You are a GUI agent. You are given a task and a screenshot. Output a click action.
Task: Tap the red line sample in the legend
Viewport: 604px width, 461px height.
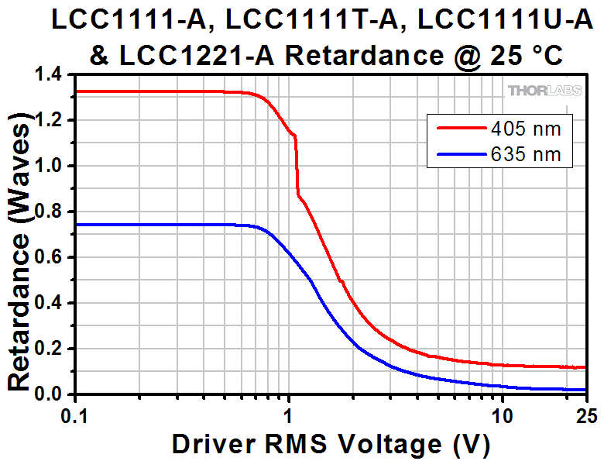click(459, 128)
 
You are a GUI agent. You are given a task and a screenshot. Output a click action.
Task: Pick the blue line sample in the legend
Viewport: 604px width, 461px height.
click(459, 154)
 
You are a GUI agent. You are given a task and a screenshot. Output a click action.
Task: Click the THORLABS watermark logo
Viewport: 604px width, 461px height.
click(545, 91)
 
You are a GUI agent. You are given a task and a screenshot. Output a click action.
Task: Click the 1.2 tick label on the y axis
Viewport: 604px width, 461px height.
click(50, 121)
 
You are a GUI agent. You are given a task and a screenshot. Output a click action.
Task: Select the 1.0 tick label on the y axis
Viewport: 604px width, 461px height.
click(50, 167)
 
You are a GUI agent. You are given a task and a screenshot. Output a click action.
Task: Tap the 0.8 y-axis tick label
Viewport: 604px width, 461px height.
click(50, 212)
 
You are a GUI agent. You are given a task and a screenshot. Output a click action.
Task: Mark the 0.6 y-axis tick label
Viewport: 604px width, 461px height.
click(50, 258)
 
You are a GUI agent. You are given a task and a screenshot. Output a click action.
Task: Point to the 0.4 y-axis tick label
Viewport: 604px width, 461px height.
click(50, 304)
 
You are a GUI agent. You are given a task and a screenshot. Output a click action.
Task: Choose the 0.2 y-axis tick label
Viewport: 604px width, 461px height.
click(50, 349)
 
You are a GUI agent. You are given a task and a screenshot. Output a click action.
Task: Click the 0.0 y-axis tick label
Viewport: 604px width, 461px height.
click(50, 395)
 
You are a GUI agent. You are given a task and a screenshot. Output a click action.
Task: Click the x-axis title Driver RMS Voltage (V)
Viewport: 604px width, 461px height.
click(331, 444)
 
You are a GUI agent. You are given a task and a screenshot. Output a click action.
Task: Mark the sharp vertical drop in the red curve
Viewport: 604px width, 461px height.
click(296, 167)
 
